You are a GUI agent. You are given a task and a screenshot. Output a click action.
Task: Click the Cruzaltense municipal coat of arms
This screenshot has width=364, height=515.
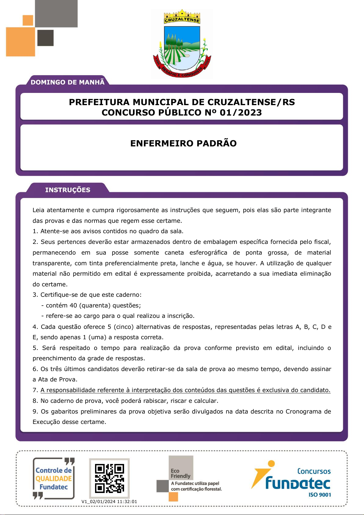pyautogui.click(x=182, y=44)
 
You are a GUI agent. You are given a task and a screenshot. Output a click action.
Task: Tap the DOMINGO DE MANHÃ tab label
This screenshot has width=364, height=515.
pyautogui.click(x=68, y=82)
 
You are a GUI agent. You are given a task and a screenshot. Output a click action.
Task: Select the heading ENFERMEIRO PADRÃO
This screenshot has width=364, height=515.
pyautogui.click(x=183, y=143)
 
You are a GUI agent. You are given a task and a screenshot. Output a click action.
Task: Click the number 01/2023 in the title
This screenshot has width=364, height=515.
pyautogui.click(x=241, y=112)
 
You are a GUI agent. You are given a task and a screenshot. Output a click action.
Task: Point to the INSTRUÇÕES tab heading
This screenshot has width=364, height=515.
pyautogui.click(x=68, y=190)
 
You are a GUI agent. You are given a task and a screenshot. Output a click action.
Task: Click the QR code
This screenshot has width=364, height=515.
pyautogui.click(x=109, y=478)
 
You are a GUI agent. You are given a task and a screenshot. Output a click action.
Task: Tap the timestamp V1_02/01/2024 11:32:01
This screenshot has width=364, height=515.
pyautogui.click(x=109, y=502)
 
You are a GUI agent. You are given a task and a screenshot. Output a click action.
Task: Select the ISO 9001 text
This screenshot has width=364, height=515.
pyautogui.click(x=320, y=495)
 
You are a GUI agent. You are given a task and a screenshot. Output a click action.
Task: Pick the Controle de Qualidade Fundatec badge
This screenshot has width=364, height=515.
pyautogui.click(x=54, y=479)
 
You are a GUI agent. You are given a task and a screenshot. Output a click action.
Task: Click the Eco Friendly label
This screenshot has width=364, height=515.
pyautogui.click(x=180, y=473)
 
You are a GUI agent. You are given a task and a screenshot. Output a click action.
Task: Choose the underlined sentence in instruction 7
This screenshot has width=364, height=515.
pyautogui.click(x=185, y=390)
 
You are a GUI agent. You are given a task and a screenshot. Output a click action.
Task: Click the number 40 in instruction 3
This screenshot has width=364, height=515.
pyautogui.click(x=73, y=305)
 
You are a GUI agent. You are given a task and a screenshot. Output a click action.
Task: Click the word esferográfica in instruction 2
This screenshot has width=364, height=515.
pyautogui.click(x=208, y=252)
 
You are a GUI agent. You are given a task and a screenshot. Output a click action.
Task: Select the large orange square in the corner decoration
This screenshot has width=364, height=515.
pyautogui.click(x=20, y=42)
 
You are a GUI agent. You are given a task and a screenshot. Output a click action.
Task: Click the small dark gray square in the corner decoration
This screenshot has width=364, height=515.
pyautogui.click(x=46, y=38)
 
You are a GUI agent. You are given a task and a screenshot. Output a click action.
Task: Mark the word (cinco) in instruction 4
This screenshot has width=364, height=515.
pyautogui.click(x=123, y=327)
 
